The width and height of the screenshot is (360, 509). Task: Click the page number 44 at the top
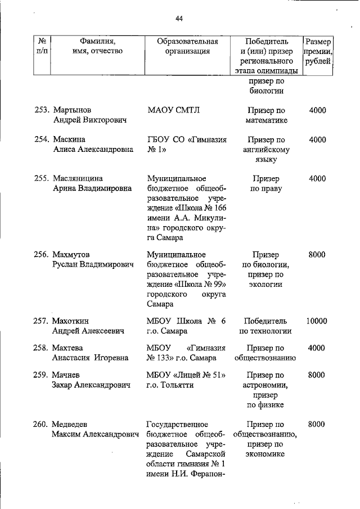click(179, 19)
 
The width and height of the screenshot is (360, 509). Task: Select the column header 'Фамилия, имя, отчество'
click(97, 46)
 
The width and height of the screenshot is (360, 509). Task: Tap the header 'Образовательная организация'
click(187, 46)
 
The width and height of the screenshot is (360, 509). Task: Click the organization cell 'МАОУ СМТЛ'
click(173, 110)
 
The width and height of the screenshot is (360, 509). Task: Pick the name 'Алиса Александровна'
click(93, 150)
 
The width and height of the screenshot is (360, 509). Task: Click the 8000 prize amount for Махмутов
click(317, 254)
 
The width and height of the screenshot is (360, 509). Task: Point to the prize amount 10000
click(317, 321)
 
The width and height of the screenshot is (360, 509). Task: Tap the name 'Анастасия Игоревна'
click(91, 358)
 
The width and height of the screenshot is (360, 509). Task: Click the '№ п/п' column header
click(42, 46)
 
